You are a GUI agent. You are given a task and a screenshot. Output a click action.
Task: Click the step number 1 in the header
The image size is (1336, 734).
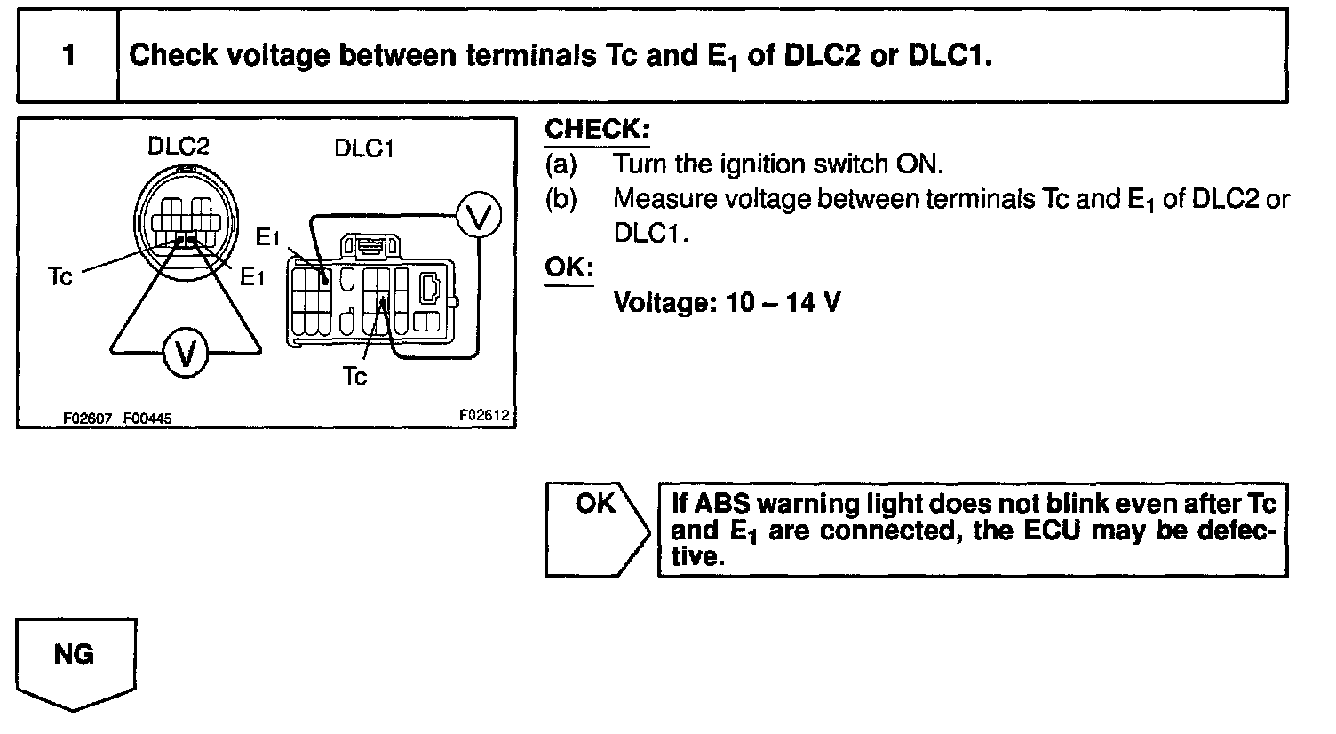tap(68, 56)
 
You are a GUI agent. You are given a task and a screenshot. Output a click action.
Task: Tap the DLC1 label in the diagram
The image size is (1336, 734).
tap(364, 148)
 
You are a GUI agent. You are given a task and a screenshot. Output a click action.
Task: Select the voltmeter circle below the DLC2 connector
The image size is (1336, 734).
tap(185, 354)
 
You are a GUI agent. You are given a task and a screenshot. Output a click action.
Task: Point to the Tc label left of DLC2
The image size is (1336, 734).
tap(60, 276)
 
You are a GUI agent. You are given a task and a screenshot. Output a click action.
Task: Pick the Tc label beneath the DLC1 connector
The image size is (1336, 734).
tap(354, 377)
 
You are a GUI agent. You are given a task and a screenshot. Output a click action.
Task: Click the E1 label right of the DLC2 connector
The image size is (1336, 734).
tap(253, 277)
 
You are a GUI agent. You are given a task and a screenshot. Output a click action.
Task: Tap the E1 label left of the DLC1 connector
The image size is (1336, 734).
tap(267, 237)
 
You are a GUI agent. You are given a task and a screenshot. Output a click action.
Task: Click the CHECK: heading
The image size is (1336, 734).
tap(597, 129)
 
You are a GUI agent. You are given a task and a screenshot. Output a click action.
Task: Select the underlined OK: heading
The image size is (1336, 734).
tap(569, 267)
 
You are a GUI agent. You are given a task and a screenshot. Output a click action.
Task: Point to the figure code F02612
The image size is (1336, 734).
tap(486, 414)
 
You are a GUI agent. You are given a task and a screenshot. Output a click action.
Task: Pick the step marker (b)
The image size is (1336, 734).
tap(561, 198)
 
